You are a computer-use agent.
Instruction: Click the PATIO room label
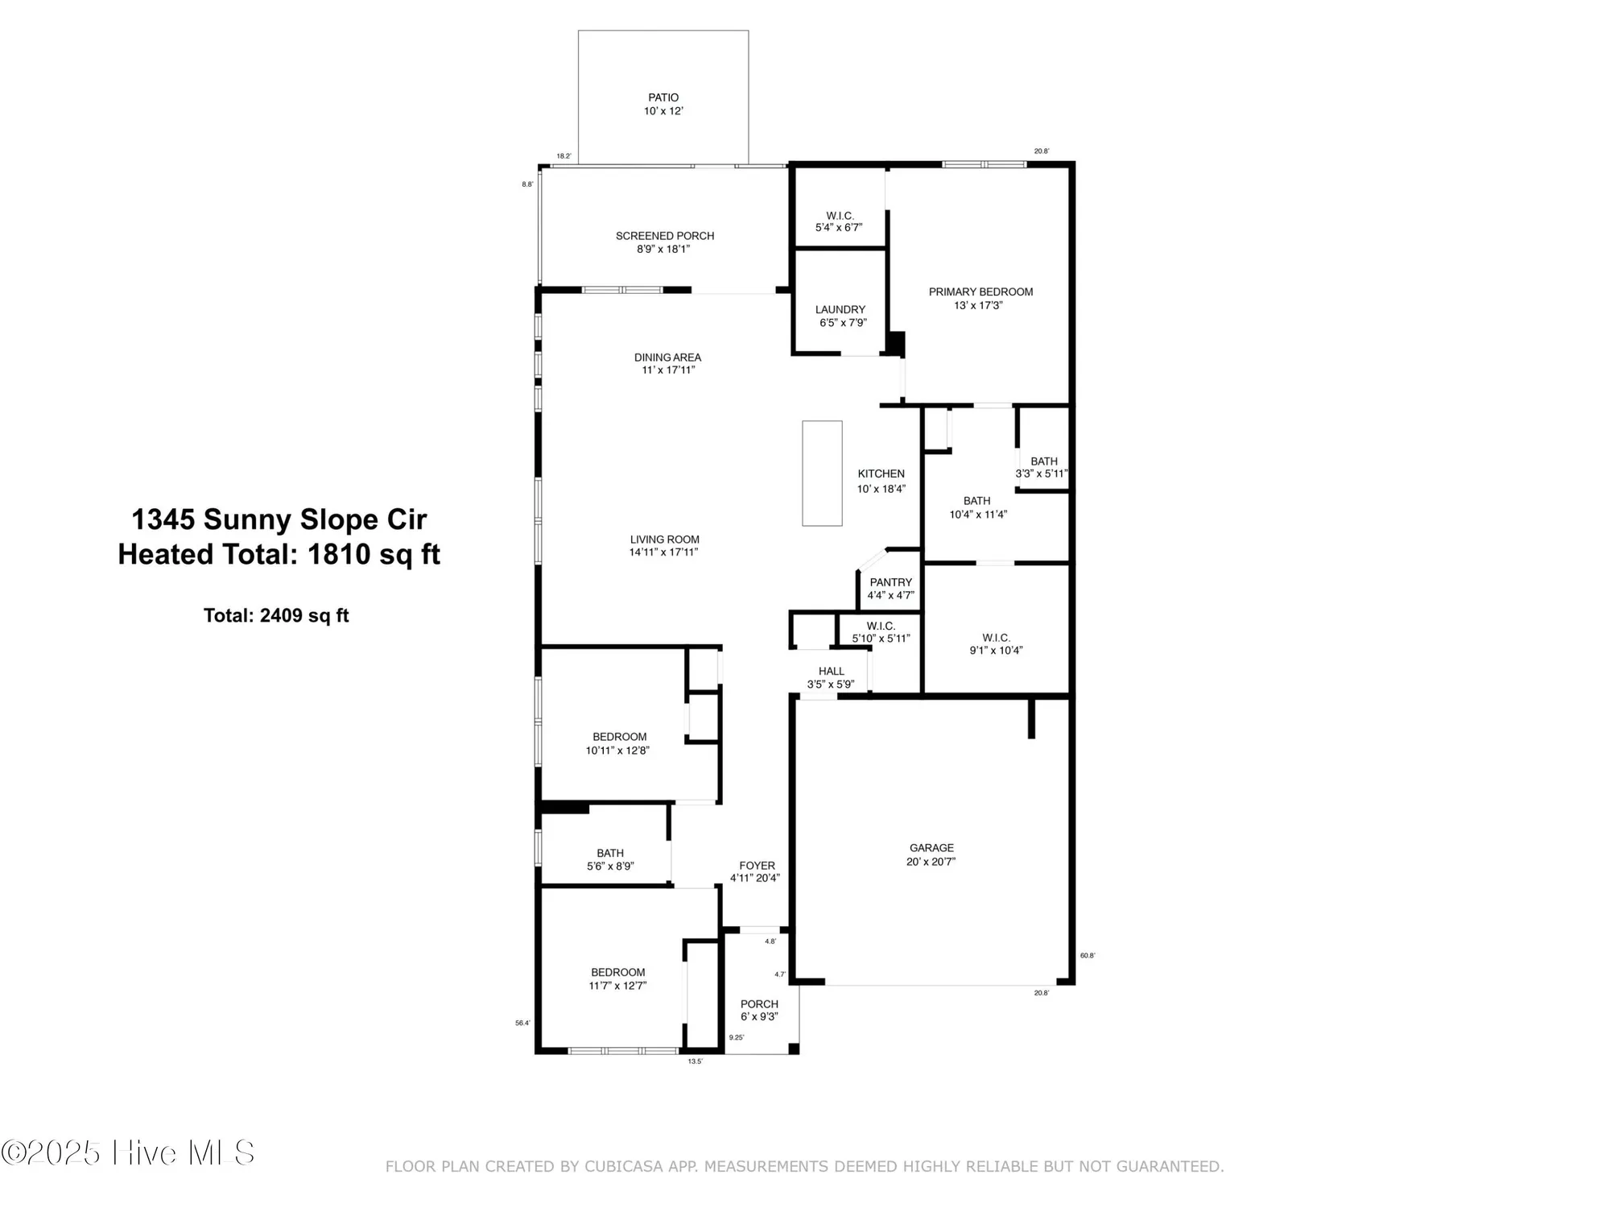tap(663, 97)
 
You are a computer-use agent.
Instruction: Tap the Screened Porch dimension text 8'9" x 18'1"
tap(663, 250)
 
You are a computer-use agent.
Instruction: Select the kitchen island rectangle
tap(822, 473)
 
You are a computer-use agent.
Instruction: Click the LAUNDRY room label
tap(840, 309)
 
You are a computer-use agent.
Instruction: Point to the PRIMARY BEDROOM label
tap(980, 292)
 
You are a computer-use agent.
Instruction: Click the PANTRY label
tap(890, 582)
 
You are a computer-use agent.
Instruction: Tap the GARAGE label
tap(931, 848)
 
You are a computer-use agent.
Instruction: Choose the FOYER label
tap(757, 866)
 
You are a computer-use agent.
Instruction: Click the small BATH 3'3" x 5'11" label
tap(1043, 462)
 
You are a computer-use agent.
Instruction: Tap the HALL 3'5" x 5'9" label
tap(832, 672)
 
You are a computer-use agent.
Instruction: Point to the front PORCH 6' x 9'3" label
tap(759, 1004)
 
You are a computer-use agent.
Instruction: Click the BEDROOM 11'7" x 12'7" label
tap(618, 972)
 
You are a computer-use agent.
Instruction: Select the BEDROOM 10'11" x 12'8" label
tap(619, 737)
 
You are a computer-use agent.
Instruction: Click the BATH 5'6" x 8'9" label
tap(610, 853)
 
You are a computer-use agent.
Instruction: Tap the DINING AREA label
tap(667, 357)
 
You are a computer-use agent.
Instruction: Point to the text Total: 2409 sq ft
tap(276, 615)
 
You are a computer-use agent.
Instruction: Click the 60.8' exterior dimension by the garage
tap(1087, 956)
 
